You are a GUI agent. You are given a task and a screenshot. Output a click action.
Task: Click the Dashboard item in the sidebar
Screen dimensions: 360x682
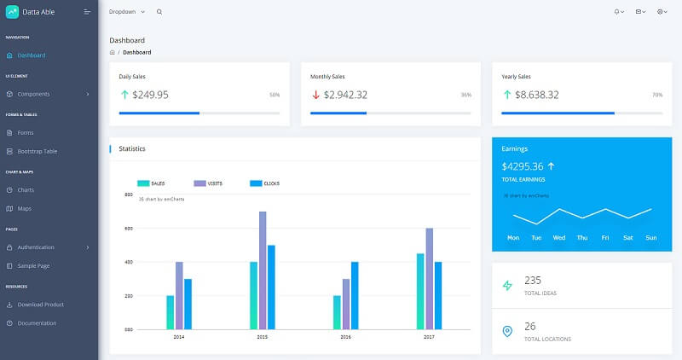click(31, 55)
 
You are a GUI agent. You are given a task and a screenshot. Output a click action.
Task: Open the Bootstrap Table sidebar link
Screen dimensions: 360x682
click(37, 151)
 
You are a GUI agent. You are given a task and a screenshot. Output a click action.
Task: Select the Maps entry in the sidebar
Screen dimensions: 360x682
click(24, 208)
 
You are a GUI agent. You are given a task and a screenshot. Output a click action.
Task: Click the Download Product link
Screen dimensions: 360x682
click(40, 305)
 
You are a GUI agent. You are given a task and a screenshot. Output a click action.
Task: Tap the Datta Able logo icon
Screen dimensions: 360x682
click(11, 12)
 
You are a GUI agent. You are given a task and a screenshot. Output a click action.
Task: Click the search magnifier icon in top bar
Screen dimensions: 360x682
click(159, 12)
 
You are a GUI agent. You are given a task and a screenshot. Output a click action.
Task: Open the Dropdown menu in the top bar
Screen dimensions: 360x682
click(127, 12)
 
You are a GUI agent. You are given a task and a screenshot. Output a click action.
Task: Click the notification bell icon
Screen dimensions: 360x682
click(617, 12)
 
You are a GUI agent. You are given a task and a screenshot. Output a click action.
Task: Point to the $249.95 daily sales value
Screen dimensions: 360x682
click(150, 95)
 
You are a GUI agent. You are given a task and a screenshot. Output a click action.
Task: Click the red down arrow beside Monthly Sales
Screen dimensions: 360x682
click(315, 95)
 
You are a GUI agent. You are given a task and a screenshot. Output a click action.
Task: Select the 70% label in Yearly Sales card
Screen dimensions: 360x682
click(657, 95)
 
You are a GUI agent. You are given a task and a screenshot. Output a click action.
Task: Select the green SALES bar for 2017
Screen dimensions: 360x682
click(420, 291)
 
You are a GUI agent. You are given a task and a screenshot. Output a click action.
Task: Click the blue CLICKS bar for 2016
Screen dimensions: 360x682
click(355, 295)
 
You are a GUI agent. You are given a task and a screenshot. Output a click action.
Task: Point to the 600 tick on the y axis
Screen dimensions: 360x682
click(128, 229)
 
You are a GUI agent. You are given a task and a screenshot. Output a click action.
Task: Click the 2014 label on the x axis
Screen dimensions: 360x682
click(179, 337)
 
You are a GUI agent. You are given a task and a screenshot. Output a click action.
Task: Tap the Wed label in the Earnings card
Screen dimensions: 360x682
click(559, 238)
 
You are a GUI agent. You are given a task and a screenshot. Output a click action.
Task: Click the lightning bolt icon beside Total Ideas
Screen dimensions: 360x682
click(508, 286)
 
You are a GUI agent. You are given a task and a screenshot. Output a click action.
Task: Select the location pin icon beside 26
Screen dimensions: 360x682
click(508, 331)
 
